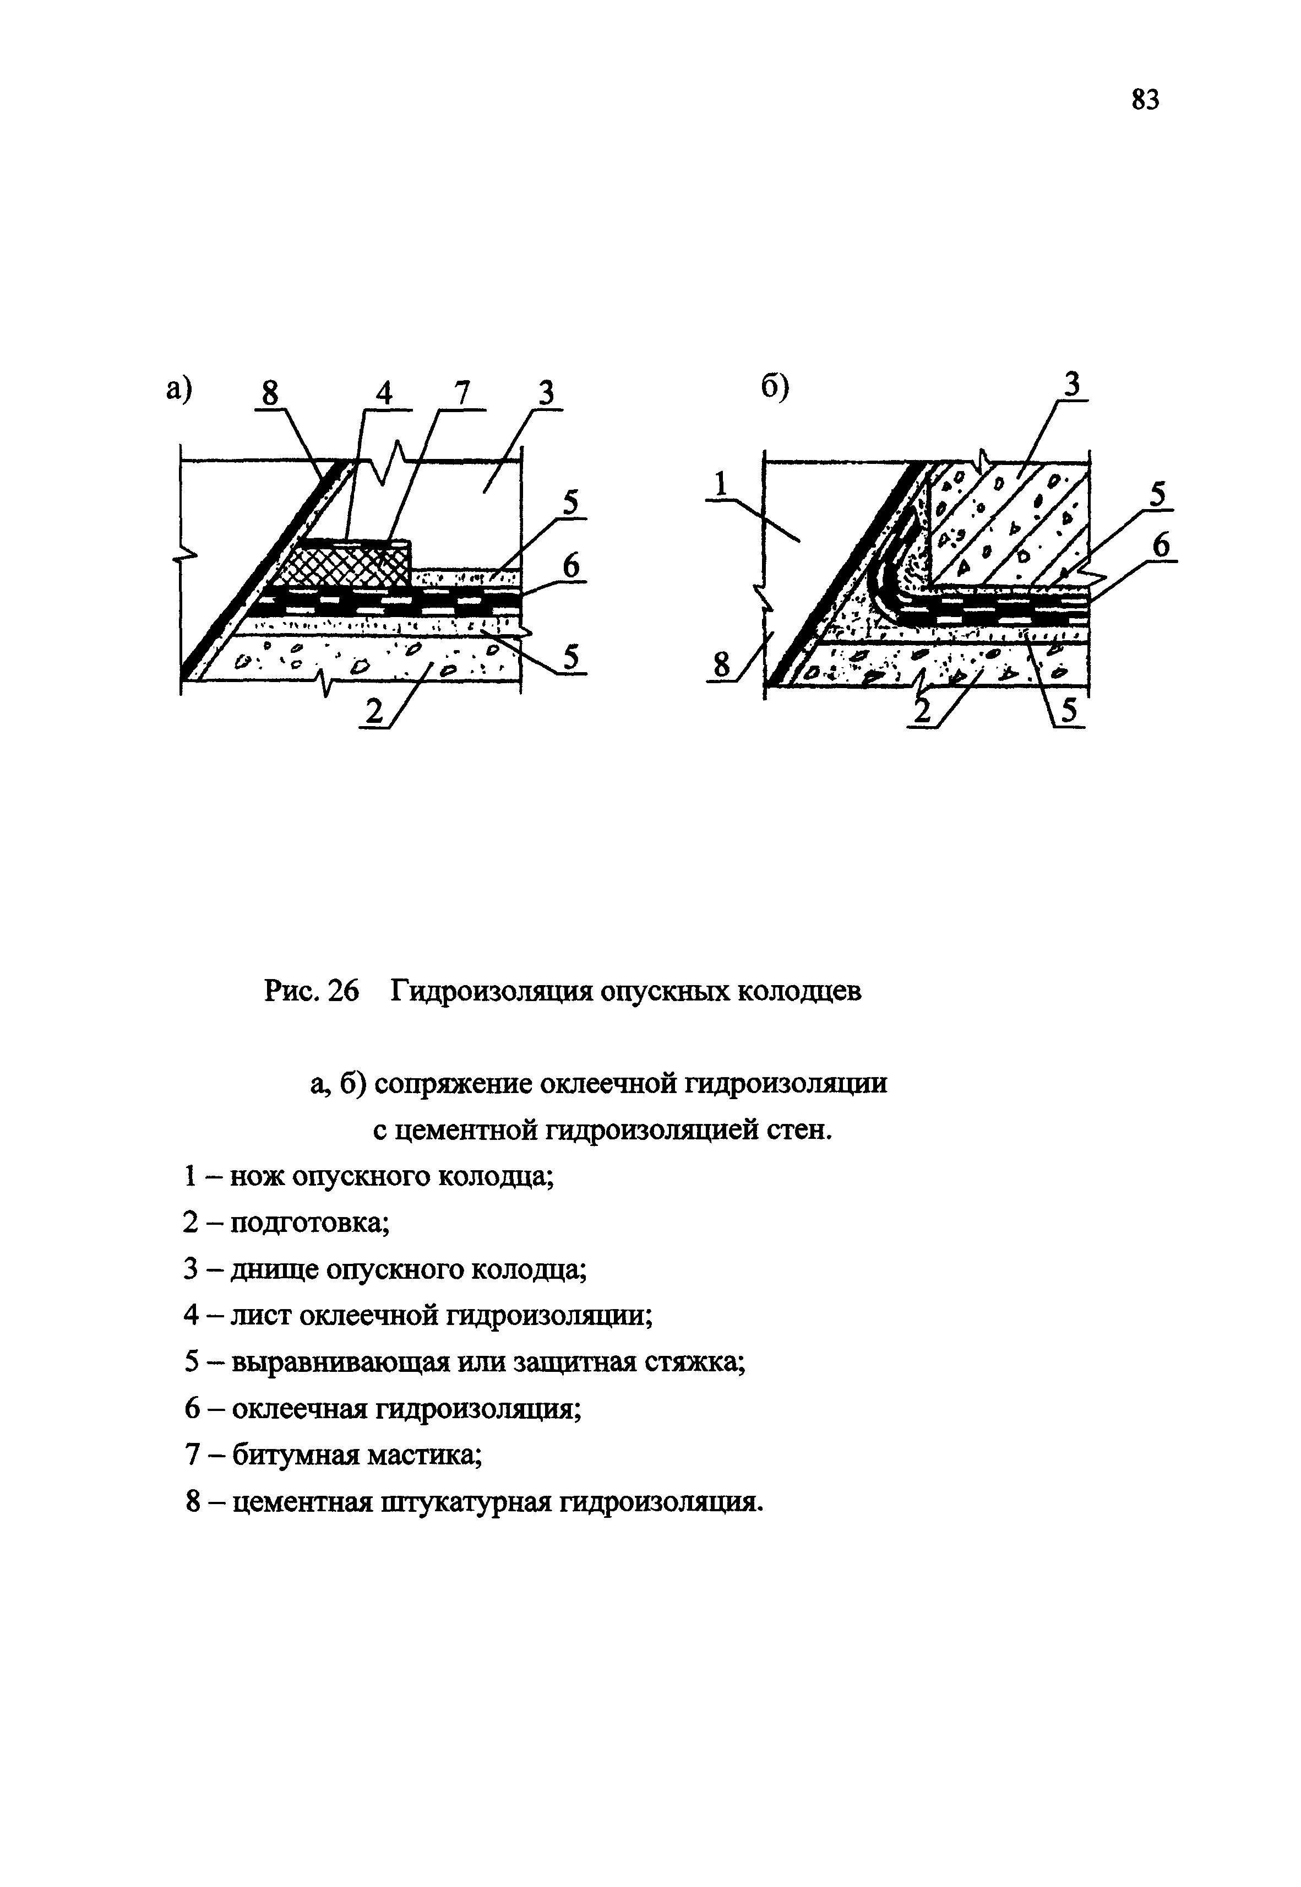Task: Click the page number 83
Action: click(1145, 100)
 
